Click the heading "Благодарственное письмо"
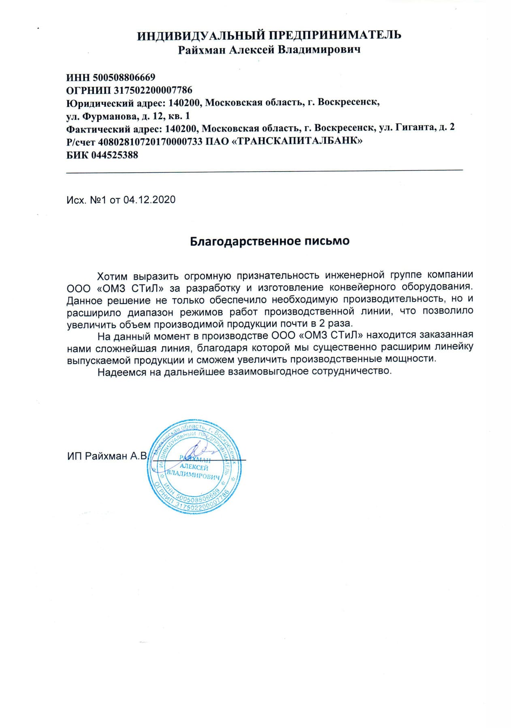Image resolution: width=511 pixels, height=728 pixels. pos(270,241)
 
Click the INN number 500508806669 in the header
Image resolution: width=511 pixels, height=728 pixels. pos(124,77)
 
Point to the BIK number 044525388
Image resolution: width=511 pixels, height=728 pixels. pos(115,155)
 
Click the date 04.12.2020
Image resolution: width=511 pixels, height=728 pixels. pos(149,200)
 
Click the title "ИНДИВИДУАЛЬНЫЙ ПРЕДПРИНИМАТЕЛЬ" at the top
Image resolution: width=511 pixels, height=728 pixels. pos(269,35)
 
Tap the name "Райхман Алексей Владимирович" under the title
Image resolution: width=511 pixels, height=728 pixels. pos(269,50)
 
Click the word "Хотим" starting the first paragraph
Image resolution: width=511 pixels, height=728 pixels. pos(112,276)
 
